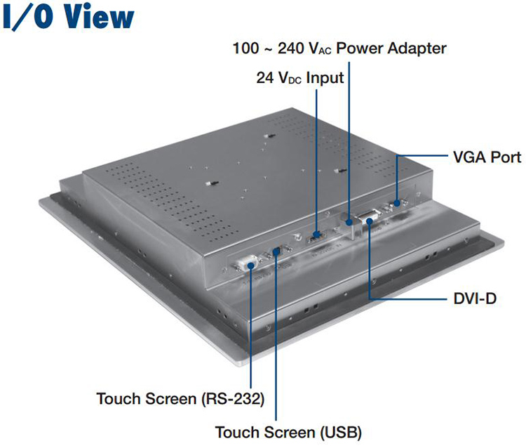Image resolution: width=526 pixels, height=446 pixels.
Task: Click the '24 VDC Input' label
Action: [x=299, y=79]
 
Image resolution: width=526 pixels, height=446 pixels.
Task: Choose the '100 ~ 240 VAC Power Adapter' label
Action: [x=339, y=49]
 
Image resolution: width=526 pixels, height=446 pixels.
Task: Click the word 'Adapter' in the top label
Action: [x=414, y=49]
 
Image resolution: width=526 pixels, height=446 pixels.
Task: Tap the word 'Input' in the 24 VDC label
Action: [x=325, y=79]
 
